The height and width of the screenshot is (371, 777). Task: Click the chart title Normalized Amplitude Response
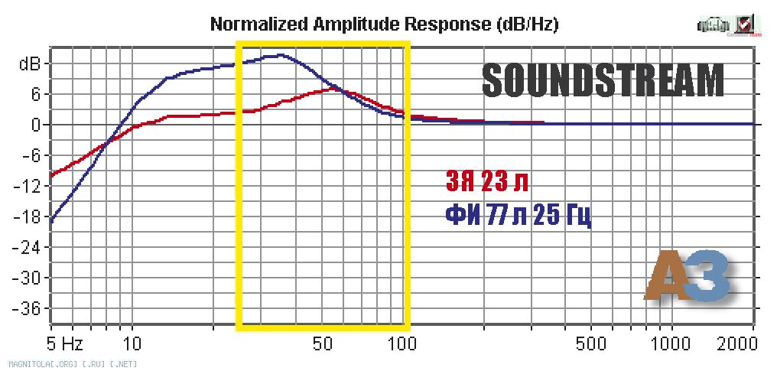(x=384, y=24)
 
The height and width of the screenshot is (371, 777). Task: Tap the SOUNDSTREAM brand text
(x=603, y=80)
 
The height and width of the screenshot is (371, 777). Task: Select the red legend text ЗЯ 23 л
(x=486, y=183)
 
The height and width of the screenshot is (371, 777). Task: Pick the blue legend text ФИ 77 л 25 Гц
(x=518, y=216)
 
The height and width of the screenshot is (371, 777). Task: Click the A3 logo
(x=686, y=277)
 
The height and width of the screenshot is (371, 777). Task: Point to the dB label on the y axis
(x=25, y=63)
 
